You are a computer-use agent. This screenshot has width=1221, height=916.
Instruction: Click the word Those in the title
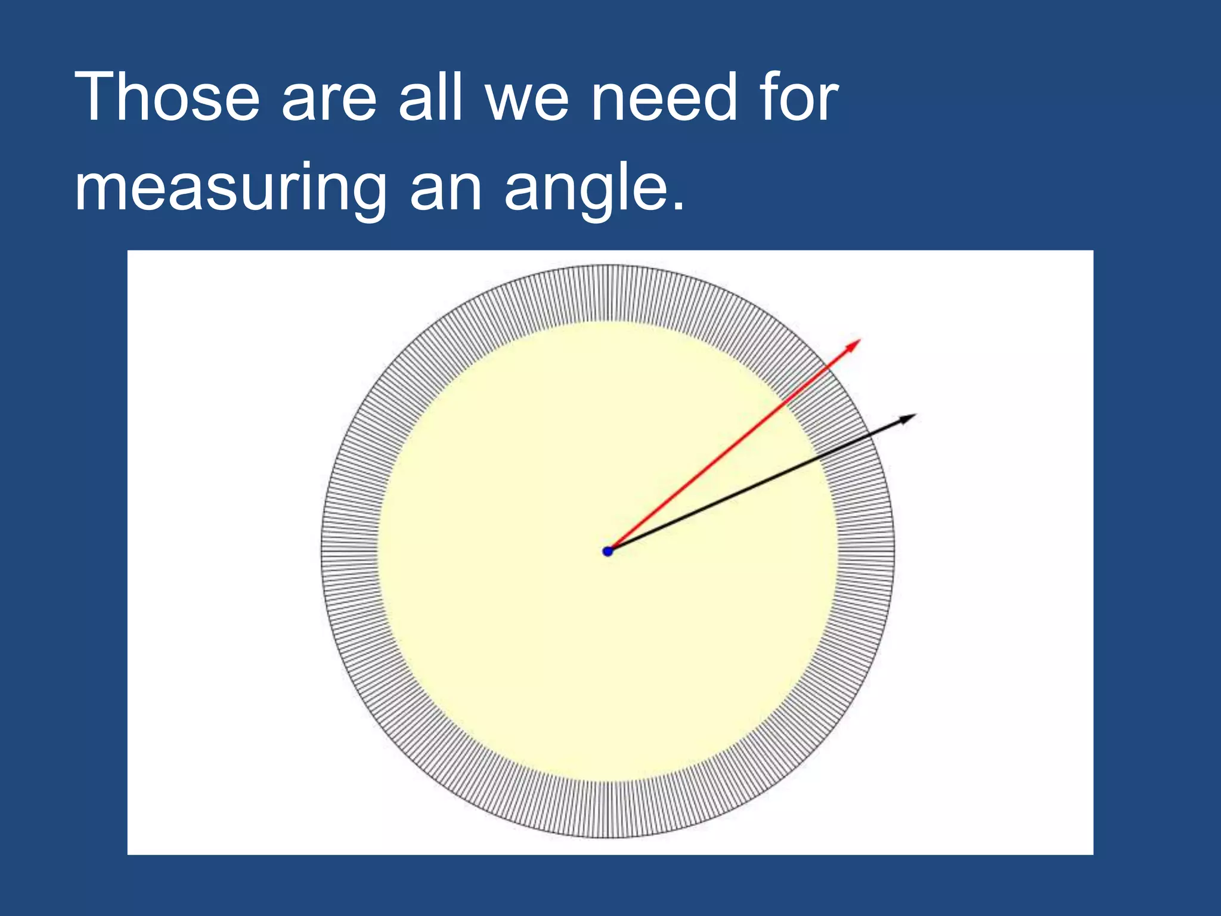pyautogui.click(x=167, y=97)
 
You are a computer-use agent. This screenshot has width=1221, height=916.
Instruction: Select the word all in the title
pyautogui.click(x=430, y=97)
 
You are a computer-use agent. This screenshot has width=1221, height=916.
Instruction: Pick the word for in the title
pyautogui.click(x=799, y=97)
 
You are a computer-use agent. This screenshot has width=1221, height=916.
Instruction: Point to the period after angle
pyautogui.click(x=677, y=206)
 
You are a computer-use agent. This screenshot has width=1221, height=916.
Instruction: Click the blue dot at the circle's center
pyautogui.click(x=608, y=551)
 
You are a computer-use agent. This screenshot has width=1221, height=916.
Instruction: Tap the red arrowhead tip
pyautogui.click(x=860, y=340)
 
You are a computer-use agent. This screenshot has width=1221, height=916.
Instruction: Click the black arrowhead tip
pyautogui.click(x=915, y=415)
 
